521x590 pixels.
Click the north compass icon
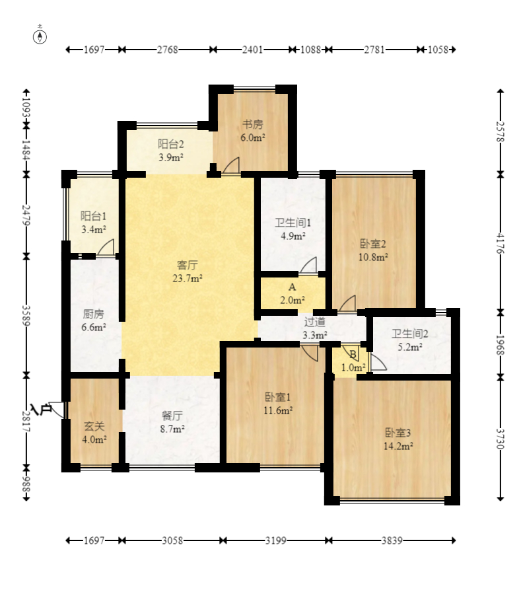pos(40,36)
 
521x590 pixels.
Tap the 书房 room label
pos(252,124)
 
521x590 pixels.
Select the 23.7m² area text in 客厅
pos(188,278)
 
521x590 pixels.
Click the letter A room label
pos(293,287)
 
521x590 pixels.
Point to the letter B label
pos(353,354)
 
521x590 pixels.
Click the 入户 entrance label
pos(41,409)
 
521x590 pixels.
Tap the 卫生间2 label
pos(409,334)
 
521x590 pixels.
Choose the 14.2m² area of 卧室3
pos(398,446)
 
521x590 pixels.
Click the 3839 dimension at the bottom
pos(392,540)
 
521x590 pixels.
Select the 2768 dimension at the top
pos(168,50)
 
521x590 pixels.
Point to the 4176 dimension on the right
pos(500,243)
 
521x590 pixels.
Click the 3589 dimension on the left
pos(26,315)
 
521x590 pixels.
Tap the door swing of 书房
pos(231,165)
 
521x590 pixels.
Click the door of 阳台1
pos(106,247)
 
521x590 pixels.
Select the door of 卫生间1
pos(308,266)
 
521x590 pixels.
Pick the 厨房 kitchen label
pos(93,314)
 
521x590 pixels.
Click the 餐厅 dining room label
pos(172,416)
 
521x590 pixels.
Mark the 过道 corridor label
pos(315,322)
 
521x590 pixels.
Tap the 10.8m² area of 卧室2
pos(373,258)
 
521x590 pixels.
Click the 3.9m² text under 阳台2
pos(171,157)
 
